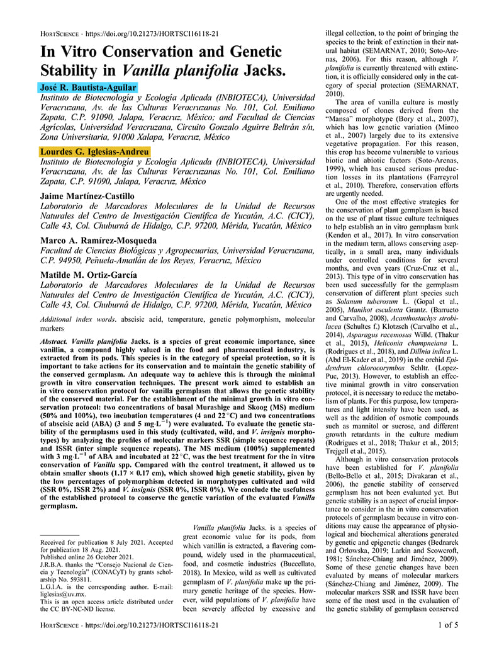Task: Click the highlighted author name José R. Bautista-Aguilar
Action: tap(88, 87)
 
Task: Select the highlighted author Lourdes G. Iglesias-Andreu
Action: tap(95, 152)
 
